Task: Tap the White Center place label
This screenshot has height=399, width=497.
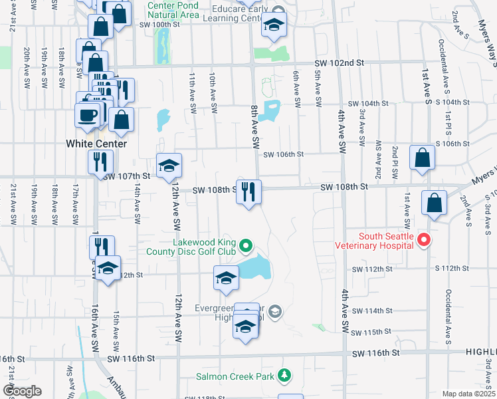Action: [x=92, y=143]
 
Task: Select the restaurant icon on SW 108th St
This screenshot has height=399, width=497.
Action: [x=249, y=192]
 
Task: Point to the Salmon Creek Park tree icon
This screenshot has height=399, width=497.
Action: [x=284, y=376]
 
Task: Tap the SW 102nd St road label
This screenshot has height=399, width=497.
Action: [x=342, y=63]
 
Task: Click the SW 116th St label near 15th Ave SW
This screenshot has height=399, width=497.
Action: [x=134, y=358]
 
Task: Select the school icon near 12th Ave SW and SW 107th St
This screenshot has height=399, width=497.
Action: [x=169, y=165]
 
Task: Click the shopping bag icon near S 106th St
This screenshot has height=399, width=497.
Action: [x=422, y=158]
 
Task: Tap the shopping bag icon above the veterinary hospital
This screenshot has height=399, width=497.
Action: [x=434, y=204]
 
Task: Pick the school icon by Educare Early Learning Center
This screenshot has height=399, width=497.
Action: [x=272, y=27]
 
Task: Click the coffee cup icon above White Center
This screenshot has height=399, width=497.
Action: [x=87, y=115]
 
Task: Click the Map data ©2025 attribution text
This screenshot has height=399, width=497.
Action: [x=468, y=394]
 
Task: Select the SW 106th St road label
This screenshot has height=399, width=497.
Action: [x=284, y=154]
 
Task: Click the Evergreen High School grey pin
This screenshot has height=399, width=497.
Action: [x=276, y=311]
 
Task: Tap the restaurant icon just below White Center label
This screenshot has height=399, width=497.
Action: [x=100, y=162]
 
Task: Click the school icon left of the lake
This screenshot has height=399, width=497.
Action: [x=226, y=277]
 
